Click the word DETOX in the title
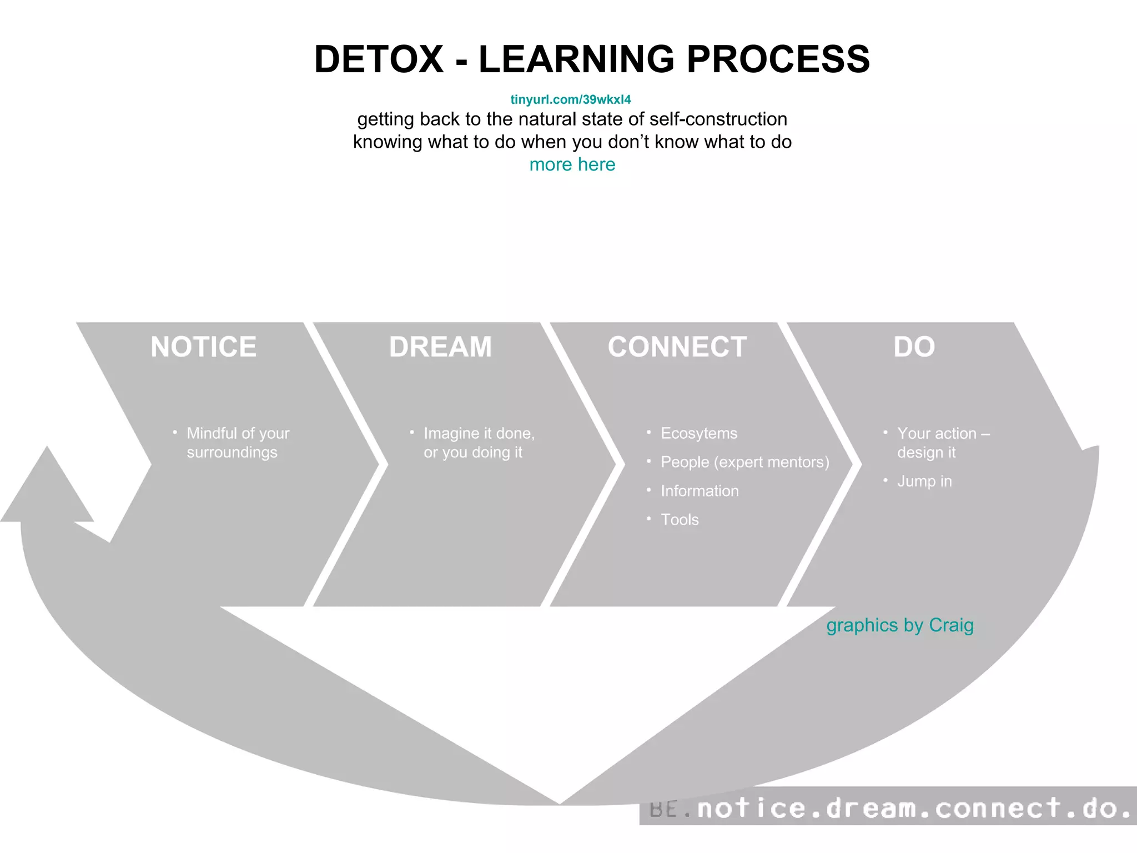point(379,59)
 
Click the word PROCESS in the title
point(778,59)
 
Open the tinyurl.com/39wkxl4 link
point(571,99)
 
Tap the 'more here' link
point(572,164)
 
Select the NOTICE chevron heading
point(203,347)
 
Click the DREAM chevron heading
point(440,347)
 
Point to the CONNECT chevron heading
point(677,347)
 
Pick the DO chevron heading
point(914,347)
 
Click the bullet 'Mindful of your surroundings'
point(238,443)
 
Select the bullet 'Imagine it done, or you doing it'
point(479,443)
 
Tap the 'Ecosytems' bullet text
point(698,433)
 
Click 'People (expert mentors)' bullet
point(744,462)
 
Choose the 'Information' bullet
point(700,491)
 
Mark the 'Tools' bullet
point(680,520)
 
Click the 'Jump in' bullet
point(924,481)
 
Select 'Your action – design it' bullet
point(943,443)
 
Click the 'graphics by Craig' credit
point(899,625)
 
